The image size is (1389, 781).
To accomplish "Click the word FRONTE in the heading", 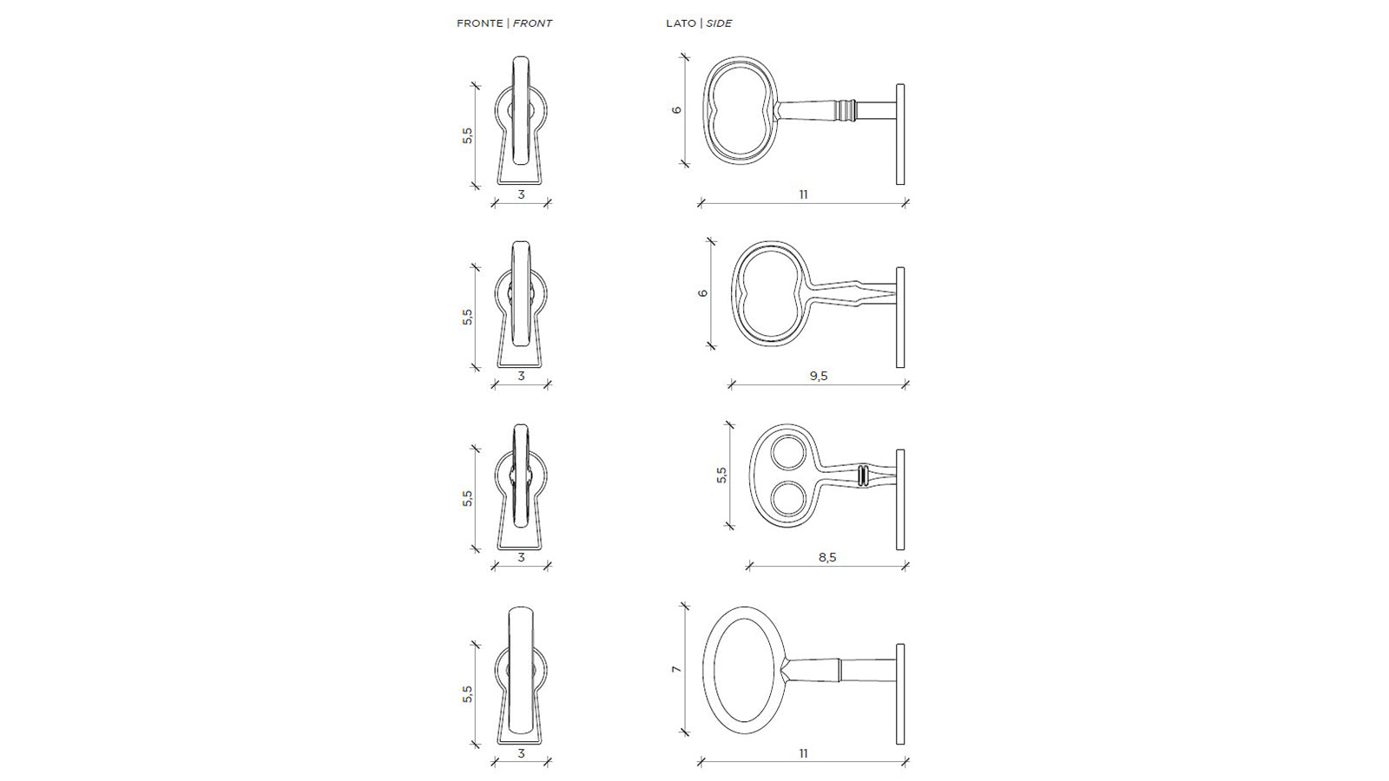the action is (x=479, y=23).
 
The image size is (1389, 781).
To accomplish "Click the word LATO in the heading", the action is (x=681, y=23).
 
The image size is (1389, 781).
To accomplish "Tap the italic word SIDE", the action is (x=719, y=23).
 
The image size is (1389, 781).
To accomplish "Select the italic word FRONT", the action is (x=532, y=23).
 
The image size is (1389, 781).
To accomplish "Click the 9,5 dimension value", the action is (x=819, y=376).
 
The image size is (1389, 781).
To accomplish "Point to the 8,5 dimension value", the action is (x=827, y=557).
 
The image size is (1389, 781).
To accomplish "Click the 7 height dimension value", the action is (x=676, y=669).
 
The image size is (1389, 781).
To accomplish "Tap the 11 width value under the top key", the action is (x=803, y=194).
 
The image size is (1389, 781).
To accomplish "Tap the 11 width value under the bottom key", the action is (x=803, y=754).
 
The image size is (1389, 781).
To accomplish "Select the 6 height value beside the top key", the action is (x=676, y=110).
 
